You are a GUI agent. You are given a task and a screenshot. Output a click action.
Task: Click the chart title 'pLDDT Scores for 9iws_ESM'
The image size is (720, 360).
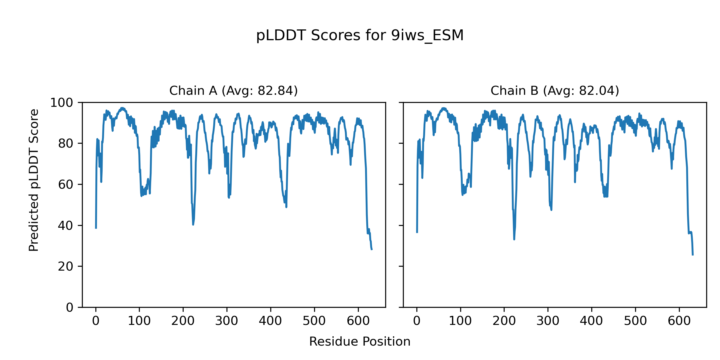click(x=360, y=36)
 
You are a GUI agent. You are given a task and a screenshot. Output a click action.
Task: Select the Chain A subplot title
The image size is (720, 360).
click(x=233, y=91)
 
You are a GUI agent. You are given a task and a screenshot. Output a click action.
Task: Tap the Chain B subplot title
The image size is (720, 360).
click(x=555, y=91)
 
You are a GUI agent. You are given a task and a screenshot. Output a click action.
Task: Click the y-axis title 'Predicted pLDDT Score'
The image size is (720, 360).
click(x=34, y=180)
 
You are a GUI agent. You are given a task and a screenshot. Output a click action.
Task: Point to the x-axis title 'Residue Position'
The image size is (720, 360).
click(x=360, y=342)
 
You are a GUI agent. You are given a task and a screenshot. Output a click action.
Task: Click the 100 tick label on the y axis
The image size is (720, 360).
click(x=61, y=103)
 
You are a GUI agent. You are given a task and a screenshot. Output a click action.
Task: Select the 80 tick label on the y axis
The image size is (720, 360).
click(x=66, y=144)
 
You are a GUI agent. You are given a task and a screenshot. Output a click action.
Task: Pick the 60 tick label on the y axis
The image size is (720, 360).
click(x=66, y=185)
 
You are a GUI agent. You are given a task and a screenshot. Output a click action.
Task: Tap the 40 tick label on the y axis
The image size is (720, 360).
click(x=66, y=226)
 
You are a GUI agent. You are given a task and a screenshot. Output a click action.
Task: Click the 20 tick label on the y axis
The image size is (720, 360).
click(x=66, y=267)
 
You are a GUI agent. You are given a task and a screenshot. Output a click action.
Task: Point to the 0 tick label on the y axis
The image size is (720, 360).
click(x=70, y=307)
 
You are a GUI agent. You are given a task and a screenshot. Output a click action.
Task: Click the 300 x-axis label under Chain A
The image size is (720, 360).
click(x=227, y=321)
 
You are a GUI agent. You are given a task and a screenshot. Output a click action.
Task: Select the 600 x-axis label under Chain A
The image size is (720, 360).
click(x=358, y=321)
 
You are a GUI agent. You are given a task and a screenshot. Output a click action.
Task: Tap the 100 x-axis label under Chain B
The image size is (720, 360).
click(x=460, y=321)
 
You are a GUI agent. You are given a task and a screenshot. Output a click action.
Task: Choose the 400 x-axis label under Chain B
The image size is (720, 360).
click(x=591, y=321)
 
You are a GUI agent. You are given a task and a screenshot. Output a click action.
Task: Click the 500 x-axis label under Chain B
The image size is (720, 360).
click(x=635, y=321)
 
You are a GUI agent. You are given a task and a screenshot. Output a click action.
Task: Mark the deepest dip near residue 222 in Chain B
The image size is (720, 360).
click(x=514, y=239)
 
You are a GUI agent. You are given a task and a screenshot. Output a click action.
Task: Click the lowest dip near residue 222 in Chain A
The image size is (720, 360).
click(x=193, y=225)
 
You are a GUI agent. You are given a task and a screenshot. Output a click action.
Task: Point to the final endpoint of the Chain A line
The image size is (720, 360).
click(x=372, y=250)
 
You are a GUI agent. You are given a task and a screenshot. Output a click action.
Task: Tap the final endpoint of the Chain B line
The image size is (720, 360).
click(x=693, y=255)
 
